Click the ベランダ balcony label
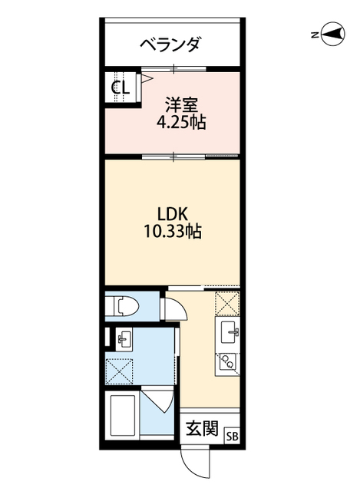(x=170, y=44)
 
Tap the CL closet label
(x=121, y=87)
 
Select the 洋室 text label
(x=181, y=105)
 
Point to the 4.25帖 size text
(x=181, y=122)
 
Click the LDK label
(x=172, y=215)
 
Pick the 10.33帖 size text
(x=172, y=232)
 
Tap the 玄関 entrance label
(x=202, y=428)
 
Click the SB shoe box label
(x=232, y=437)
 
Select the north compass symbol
(x=333, y=34)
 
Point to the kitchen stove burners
(x=227, y=363)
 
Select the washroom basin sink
(x=124, y=339)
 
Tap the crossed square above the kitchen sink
(x=227, y=303)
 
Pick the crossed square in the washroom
(x=119, y=371)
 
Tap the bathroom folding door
(x=157, y=400)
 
